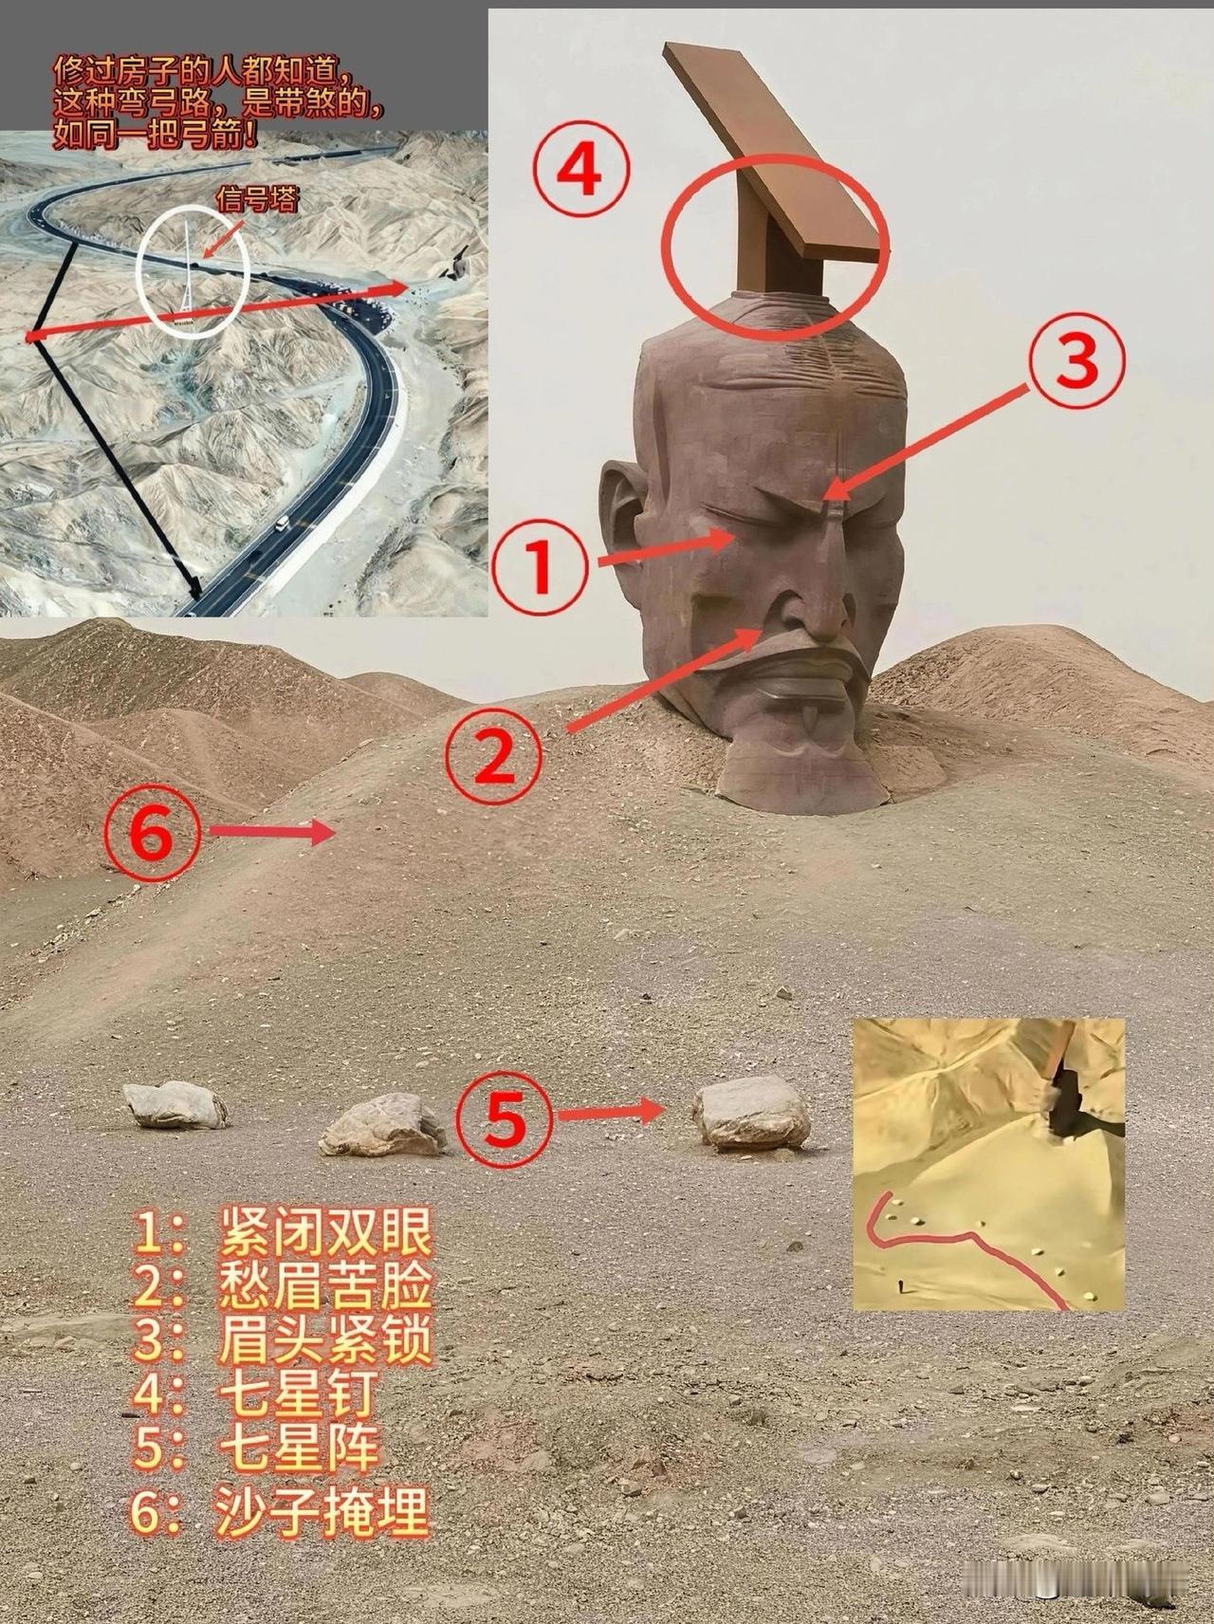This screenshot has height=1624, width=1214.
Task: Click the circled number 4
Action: [x=579, y=174]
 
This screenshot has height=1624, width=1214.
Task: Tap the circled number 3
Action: [x=1076, y=361]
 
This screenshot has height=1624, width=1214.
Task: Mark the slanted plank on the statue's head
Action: [x=773, y=152]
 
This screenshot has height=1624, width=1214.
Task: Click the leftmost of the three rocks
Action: [x=175, y=1103]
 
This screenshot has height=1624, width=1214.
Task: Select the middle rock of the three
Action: [x=382, y=1124]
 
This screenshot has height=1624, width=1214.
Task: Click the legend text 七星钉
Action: [x=297, y=1393]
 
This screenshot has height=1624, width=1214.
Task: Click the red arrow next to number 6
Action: [x=271, y=833]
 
